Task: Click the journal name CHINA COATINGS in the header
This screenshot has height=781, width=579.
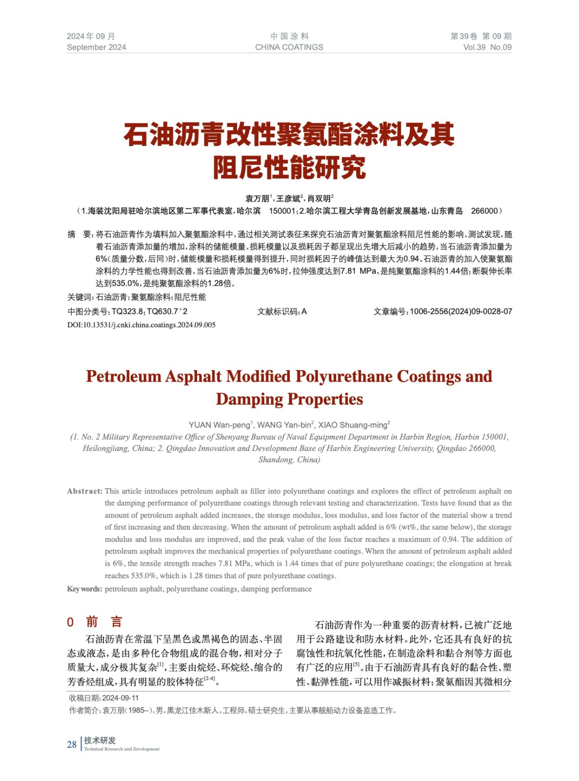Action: point(289,47)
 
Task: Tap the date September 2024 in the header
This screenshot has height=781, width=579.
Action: point(96,47)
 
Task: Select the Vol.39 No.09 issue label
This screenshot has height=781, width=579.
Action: point(487,47)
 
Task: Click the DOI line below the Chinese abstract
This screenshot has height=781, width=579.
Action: point(141,325)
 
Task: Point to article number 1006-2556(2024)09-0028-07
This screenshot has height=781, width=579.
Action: point(460,311)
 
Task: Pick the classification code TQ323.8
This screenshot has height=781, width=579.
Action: point(127,311)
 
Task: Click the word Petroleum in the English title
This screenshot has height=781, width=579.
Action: point(123,376)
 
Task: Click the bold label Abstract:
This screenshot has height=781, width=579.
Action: point(84,492)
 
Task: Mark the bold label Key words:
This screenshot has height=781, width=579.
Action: point(84,589)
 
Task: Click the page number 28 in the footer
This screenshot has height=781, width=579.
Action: point(72,744)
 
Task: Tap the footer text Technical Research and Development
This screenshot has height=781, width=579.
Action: point(121,749)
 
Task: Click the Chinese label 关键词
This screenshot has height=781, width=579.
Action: point(80,297)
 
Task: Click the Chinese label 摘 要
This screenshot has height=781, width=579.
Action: point(80,235)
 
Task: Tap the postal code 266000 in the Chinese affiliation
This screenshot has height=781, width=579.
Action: point(484,211)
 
